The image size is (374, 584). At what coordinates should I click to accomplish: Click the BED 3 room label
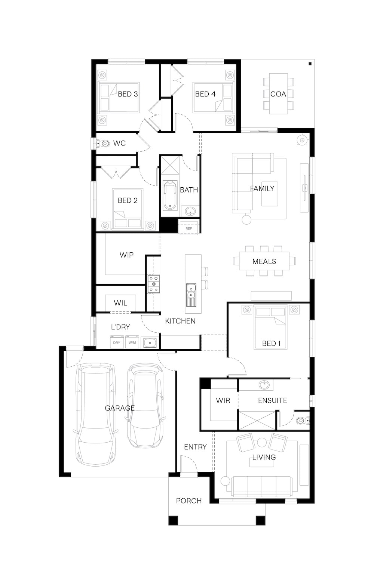pyautogui.click(x=128, y=94)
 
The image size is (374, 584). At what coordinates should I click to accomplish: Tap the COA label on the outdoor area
pyautogui.click(x=278, y=94)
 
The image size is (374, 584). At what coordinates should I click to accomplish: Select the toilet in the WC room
pyautogui.click(x=103, y=143)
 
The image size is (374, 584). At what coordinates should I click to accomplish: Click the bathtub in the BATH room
pyautogui.click(x=170, y=195)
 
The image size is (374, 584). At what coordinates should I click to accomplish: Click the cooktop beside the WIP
pyautogui.click(x=154, y=284)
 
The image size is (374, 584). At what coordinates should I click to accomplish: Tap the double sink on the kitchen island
pyautogui.click(x=191, y=295)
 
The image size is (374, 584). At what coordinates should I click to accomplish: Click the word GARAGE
pyautogui.click(x=119, y=408)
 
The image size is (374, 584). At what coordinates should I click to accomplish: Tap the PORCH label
pyautogui.click(x=189, y=501)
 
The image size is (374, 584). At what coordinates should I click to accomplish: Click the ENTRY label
pyautogui.click(x=195, y=447)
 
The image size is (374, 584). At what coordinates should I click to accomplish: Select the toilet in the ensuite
pyautogui.click(x=303, y=420)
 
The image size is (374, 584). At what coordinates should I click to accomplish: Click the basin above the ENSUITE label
pyautogui.click(x=264, y=385)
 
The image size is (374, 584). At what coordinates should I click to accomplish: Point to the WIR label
pyautogui.click(x=223, y=400)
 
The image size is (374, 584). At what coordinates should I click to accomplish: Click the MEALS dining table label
pyautogui.click(x=264, y=261)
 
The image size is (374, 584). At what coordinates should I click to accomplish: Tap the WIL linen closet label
pyautogui.click(x=120, y=303)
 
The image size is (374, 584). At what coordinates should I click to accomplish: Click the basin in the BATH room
pyautogui.click(x=190, y=212)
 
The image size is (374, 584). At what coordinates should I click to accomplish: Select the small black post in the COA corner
pyautogui.click(x=310, y=64)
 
